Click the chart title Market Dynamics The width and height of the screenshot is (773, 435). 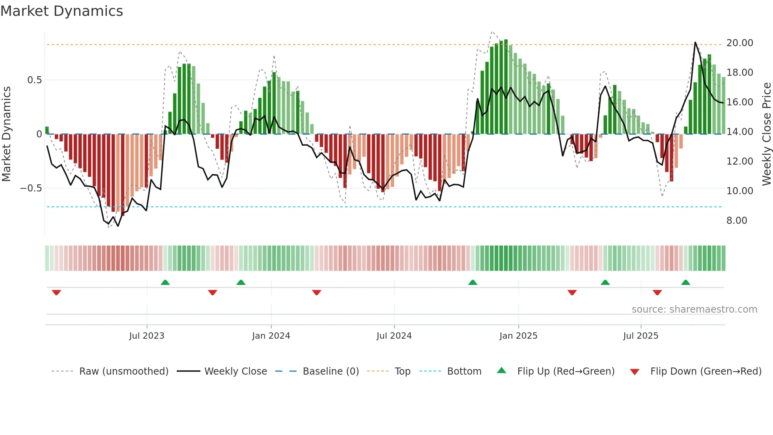(x=62, y=11)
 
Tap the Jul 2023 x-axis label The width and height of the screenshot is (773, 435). (x=147, y=336)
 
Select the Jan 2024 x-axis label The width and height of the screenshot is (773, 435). (x=271, y=336)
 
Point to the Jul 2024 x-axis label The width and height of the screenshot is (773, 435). (x=394, y=336)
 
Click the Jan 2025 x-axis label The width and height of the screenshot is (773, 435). (x=518, y=336)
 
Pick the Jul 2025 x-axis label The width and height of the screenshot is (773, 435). (x=640, y=336)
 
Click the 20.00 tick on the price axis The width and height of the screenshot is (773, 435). (x=739, y=43)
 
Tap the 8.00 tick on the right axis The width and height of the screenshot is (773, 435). (x=737, y=220)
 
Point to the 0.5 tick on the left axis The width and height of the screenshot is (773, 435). (x=34, y=80)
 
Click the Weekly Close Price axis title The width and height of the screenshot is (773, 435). (x=766, y=134)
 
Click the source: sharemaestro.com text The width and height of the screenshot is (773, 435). (x=694, y=309)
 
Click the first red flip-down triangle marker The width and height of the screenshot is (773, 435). (x=56, y=292)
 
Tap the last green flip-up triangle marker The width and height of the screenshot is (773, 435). (x=685, y=282)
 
